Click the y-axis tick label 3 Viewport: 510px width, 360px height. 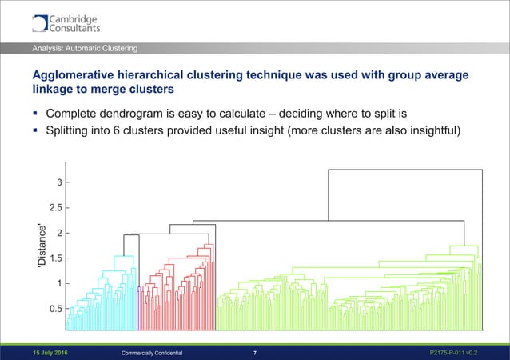59,182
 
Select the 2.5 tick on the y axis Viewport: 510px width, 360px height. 54,208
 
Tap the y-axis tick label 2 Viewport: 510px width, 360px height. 59,233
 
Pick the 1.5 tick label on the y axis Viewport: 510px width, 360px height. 54,258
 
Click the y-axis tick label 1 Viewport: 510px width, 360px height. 59,283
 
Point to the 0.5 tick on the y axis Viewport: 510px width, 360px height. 54,309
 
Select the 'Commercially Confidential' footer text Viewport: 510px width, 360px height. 151,352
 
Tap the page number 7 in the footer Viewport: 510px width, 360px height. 254,352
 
